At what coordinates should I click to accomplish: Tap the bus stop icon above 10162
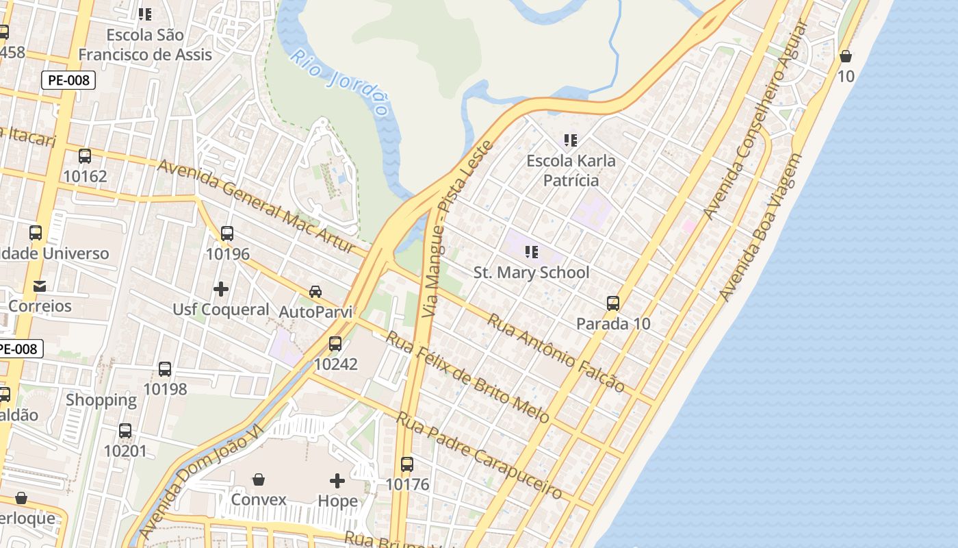(85, 156)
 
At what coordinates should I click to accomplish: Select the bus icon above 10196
(227, 234)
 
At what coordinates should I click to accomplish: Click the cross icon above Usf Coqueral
(221, 289)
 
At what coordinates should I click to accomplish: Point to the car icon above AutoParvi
(315, 291)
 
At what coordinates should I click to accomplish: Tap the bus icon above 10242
(335, 344)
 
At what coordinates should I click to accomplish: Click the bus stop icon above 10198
(165, 369)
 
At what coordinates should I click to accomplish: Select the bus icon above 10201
(125, 431)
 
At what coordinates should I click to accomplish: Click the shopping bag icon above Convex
(259, 479)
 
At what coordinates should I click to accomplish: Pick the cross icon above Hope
(337, 480)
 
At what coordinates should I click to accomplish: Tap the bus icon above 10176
(407, 464)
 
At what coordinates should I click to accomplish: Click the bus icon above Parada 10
(613, 303)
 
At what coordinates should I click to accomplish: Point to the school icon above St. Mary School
(532, 252)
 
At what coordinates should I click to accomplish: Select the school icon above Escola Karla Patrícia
(571, 140)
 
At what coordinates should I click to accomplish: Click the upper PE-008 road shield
(68, 80)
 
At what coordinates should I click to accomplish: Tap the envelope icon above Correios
(40, 286)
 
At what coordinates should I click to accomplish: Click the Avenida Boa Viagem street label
(760, 227)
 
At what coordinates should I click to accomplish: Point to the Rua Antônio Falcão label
(556, 353)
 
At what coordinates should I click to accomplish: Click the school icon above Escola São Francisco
(145, 14)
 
